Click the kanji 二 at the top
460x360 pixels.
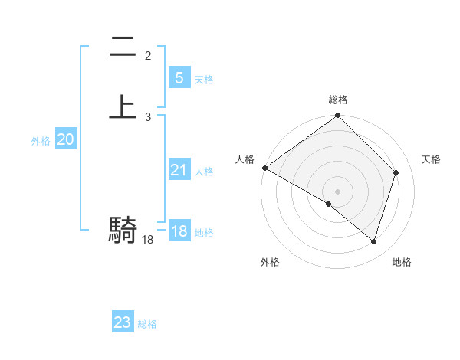click(123, 47)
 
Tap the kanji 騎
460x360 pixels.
click(123, 229)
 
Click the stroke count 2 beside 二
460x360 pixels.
click(148, 55)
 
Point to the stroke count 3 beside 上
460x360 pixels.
click(148, 116)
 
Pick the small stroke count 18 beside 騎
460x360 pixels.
click(148, 240)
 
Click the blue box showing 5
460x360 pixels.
click(179, 77)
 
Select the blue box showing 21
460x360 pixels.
click(179, 170)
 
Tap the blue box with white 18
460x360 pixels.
click(179, 231)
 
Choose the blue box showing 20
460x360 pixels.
click(65, 139)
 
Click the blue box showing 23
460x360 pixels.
click(122, 322)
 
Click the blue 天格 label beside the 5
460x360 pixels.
click(204, 80)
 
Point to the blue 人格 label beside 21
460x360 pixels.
click(204, 172)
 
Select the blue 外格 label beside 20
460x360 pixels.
click(41, 141)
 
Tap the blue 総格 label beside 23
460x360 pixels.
click(147, 324)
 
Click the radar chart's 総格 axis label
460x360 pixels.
click(338, 100)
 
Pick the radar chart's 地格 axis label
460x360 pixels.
click(402, 262)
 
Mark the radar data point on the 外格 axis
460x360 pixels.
click(329, 204)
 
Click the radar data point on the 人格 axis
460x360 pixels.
click(264, 168)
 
